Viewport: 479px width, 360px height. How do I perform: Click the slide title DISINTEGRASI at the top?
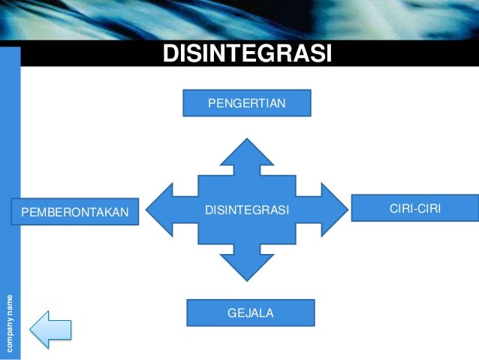coord(247,55)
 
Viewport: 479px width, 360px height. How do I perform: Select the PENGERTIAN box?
coord(246,102)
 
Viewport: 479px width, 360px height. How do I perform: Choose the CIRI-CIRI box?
coord(414,207)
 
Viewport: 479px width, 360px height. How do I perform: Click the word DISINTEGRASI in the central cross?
coord(246,210)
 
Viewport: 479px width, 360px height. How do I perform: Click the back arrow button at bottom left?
coord(50,329)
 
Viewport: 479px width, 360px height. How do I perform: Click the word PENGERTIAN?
coord(246,102)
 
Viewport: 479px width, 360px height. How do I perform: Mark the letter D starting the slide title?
coord(170,55)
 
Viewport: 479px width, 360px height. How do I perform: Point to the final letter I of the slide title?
coord(328,55)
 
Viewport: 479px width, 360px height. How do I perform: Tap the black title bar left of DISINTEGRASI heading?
coord(90,55)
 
